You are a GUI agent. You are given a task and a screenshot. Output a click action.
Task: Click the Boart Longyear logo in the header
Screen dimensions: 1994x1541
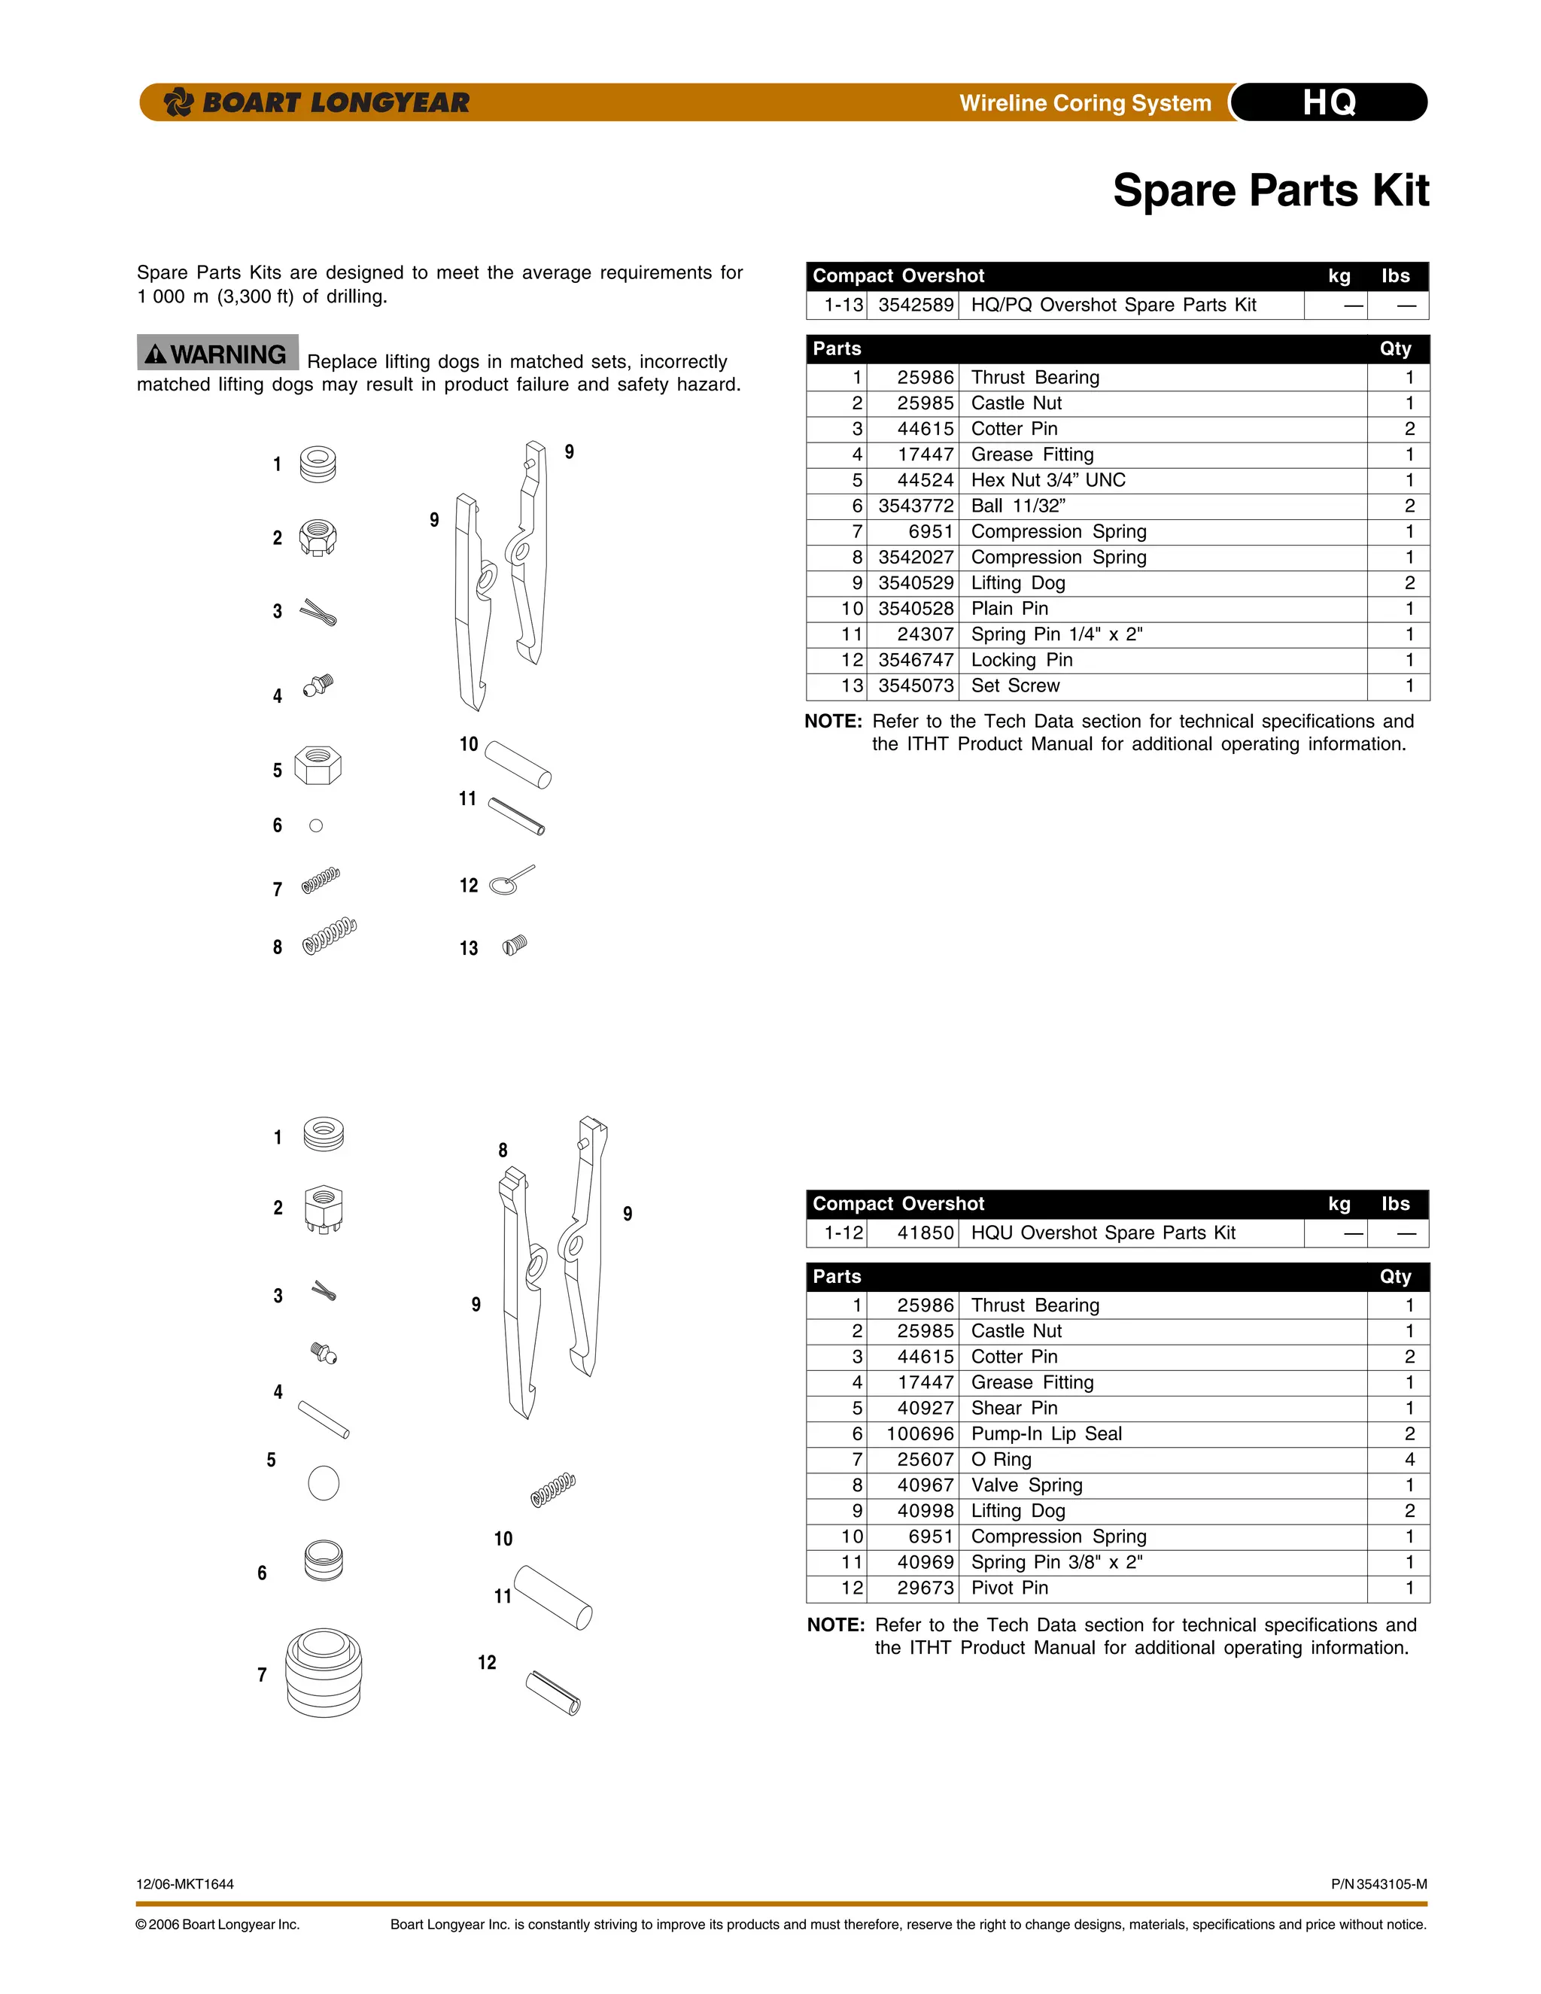[x=316, y=102]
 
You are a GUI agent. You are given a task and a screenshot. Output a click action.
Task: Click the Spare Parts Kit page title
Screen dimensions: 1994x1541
[x=1270, y=191]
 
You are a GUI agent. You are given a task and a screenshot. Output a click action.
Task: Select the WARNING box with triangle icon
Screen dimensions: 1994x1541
[x=218, y=354]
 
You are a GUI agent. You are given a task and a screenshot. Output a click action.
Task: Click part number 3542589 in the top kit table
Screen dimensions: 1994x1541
[x=915, y=305]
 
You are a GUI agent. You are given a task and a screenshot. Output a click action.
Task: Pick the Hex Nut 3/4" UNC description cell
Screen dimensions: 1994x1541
[x=1047, y=480]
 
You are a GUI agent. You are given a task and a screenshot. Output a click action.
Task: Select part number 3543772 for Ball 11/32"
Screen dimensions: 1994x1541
[x=915, y=506]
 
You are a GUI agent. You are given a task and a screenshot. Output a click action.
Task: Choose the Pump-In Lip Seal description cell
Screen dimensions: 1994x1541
[x=1045, y=1433]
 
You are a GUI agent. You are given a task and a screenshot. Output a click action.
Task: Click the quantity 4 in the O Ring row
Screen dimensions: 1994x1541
[x=1409, y=1459]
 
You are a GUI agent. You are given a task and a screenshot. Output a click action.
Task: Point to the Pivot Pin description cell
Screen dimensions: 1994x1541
[x=1009, y=1588]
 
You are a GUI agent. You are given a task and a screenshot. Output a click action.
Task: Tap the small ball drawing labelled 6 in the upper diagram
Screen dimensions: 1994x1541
[x=316, y=825]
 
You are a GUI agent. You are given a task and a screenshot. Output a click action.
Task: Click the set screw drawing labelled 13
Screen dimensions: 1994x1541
[x=514, y=945]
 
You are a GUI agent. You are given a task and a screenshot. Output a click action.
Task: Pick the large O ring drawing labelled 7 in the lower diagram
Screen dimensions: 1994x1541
[x=323, y=1673]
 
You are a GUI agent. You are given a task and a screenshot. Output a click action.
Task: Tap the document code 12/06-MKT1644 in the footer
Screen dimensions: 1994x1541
[x=185, y=1883]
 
